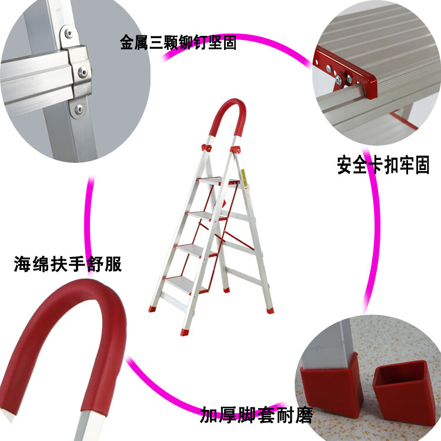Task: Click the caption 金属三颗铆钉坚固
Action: coord(178,42)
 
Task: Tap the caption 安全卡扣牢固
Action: coord(383,165)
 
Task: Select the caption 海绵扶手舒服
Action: coord(68,264)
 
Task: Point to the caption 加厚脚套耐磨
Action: coord(256,415)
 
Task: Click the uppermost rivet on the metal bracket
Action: coord(69,34)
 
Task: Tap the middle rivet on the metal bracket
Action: coord(83,72)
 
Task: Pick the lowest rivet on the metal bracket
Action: coord(79,109)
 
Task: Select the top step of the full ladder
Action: coord(218,181)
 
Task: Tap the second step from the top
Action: coord(207,216)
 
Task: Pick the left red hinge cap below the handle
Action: coord(206,148)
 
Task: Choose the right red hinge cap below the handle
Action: coord(236,149)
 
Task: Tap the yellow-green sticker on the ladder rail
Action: coord(243,178)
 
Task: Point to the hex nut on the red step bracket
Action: coord(339,80)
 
